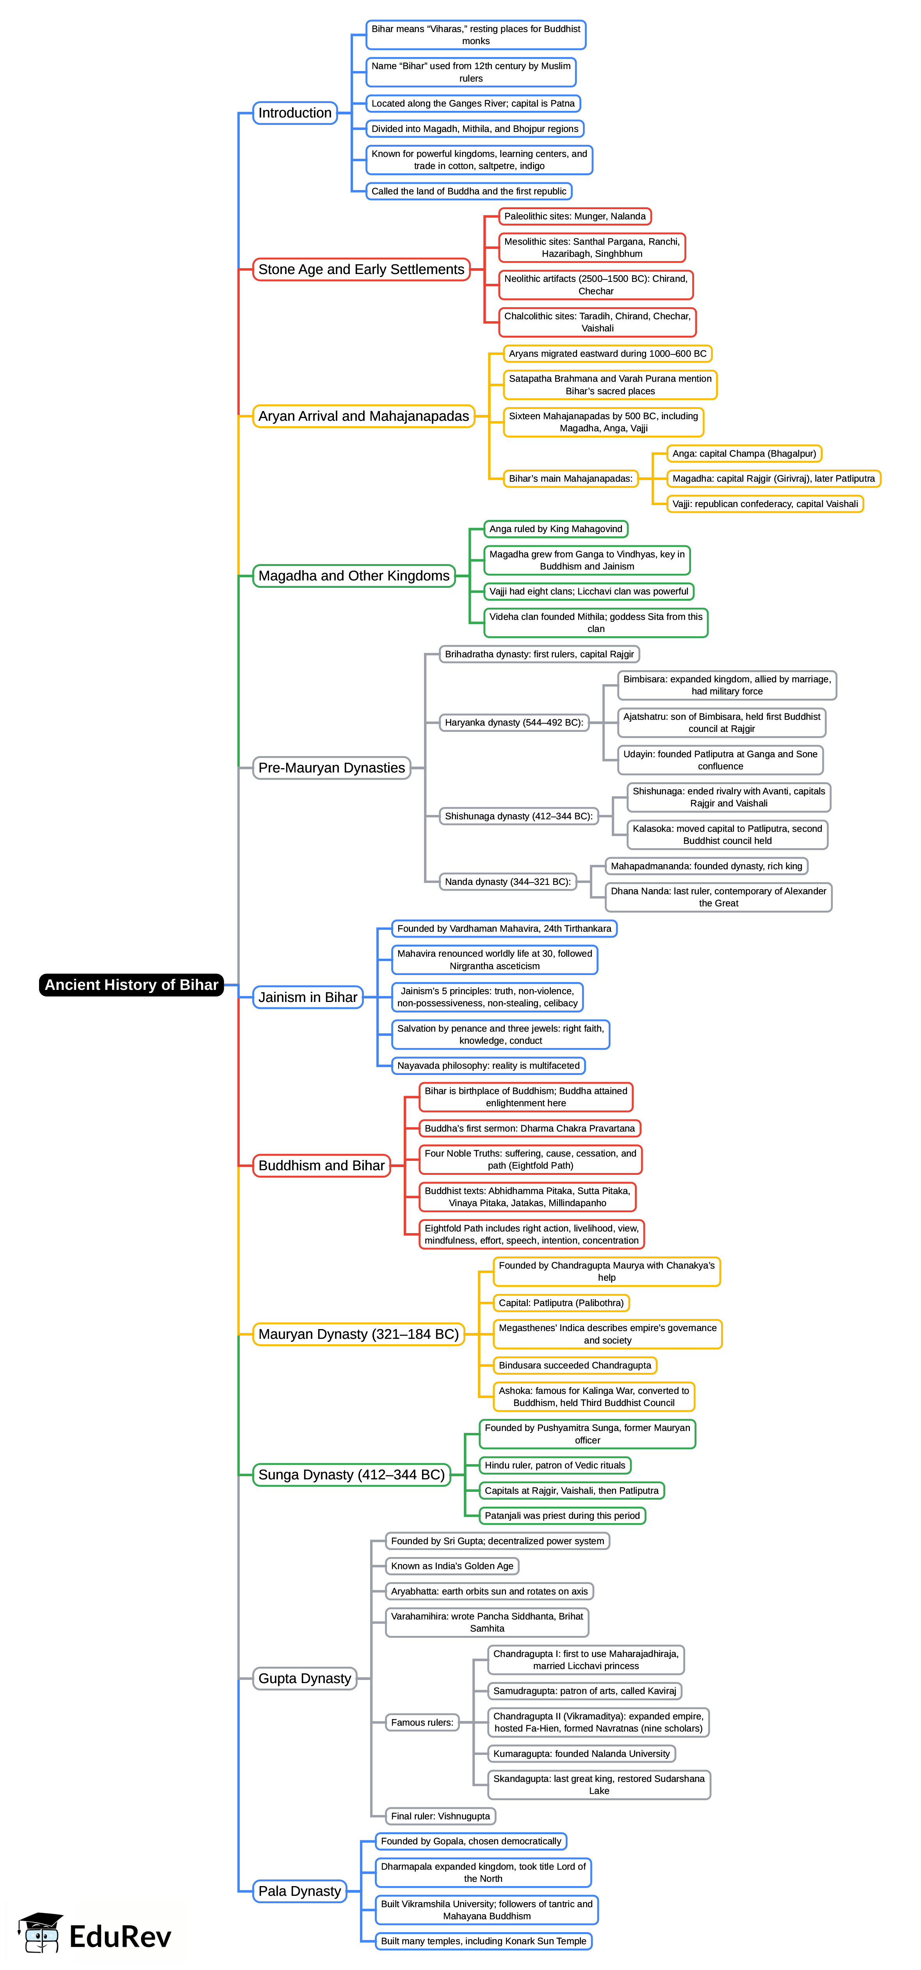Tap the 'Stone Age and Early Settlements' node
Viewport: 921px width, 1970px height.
(361, 269)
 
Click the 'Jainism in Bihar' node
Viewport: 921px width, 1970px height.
(308, 997)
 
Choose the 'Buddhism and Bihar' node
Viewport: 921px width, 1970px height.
(321, 1166)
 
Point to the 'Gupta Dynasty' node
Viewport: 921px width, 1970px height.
(305, 1679)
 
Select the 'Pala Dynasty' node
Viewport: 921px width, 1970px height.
(299, 1891)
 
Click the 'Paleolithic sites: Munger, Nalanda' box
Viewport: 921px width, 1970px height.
(574, 216)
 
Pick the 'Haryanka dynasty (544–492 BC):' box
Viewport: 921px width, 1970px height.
(514, 723)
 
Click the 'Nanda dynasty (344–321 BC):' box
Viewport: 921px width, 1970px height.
(508, 882)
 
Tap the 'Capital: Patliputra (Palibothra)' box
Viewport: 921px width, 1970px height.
(561, 1303)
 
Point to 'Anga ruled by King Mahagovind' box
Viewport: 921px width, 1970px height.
(555, 529)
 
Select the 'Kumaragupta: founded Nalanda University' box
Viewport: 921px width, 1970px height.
(581, 1754)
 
